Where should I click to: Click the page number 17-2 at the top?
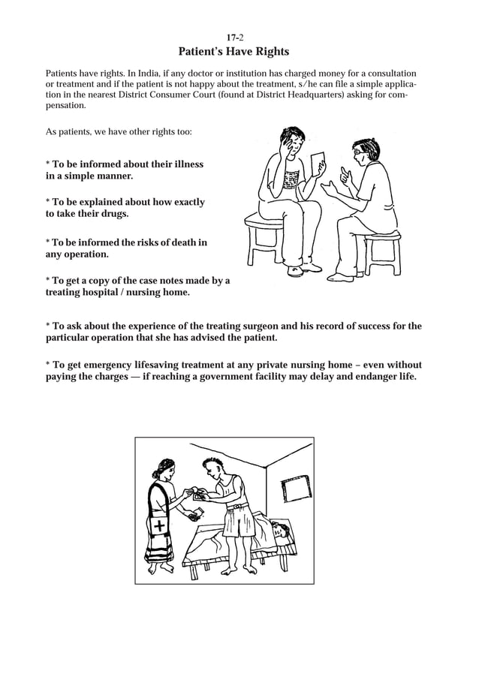(x=234, y=37)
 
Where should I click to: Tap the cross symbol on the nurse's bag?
(x=160, y=526)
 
